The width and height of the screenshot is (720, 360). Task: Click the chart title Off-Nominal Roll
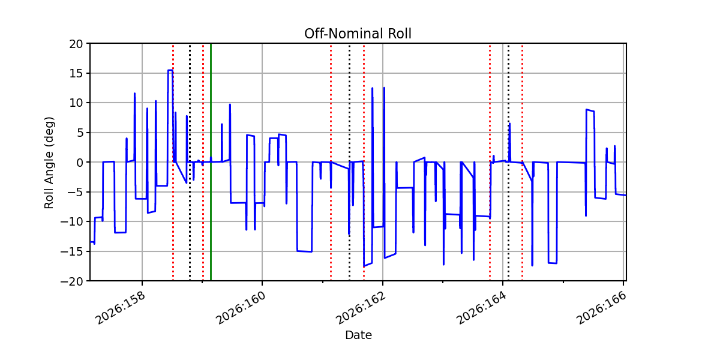click(358, 34)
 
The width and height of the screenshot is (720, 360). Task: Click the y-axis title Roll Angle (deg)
click(49, 163)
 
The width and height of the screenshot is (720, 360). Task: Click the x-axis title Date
click(358, 335)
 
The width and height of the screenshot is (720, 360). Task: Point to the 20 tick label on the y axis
click(76, 44)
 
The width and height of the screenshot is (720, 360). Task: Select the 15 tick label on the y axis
click(76, 74)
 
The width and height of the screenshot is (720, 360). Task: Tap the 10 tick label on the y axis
click(76, 103)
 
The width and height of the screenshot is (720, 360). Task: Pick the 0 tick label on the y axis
click(79, 163)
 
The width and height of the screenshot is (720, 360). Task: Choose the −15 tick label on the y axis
click(71, 251)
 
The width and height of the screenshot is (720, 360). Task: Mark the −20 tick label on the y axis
click(71, 281)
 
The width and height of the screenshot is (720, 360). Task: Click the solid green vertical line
click(211, 163)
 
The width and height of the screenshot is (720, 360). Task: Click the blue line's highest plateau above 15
click(170, 70)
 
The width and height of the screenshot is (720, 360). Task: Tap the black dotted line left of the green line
click(190, 163)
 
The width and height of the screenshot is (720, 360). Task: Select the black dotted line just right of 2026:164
click(509, 163)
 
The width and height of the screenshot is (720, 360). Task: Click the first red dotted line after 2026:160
click(331, 163)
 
